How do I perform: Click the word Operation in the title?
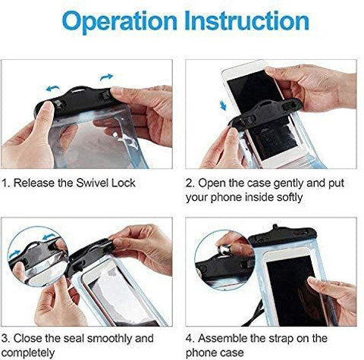[x=120, y=22]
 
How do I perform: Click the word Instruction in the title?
[x=246, y=20]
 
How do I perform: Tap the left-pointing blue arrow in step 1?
[x=53, y=89]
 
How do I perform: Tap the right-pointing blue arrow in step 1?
[x=106, y=77]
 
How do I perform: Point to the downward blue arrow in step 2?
[x=223, y=105]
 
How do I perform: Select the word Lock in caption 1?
[x=124, y=183]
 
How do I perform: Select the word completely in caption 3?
[x=28, y=353]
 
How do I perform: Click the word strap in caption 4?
[x=281, y=339]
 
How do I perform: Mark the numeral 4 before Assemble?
[x=190, y=338]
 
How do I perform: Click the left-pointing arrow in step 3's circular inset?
[x=49, y=237]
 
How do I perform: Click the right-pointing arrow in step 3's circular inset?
[x=14, y=254]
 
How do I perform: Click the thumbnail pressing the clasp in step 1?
[x=47, y=108]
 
